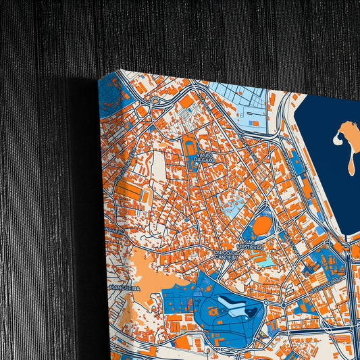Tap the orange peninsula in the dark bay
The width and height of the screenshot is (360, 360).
point(347,143)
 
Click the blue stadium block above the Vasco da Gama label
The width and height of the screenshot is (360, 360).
point(191,145)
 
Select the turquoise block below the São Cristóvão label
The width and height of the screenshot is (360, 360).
point(268,260)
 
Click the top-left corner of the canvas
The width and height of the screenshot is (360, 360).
point(99,80)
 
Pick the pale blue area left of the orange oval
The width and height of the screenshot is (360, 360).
point(233,207)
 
